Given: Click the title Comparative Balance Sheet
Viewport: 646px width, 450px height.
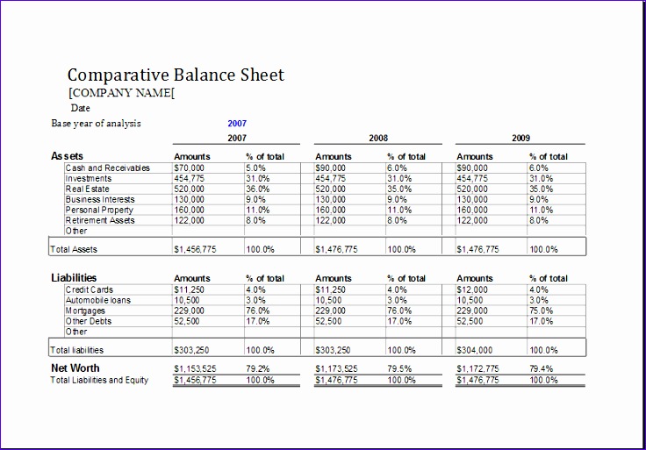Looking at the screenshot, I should tap(176, 75).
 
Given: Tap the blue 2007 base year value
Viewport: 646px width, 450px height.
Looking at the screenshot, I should tap(237, 124).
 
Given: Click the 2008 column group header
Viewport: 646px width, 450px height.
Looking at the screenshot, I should tap(378, 138).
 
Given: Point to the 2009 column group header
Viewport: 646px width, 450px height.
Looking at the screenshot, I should tap(521, 138).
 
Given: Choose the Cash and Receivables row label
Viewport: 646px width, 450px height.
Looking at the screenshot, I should tap(107, 168).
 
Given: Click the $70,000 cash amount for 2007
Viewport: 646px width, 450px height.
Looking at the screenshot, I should tap(190, 168).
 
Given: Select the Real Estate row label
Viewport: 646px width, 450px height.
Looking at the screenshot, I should tap(87, 189).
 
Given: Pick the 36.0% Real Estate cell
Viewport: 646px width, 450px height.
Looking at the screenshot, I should tap(258, 189).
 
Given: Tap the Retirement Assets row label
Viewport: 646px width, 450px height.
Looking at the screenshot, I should tap(100, 220).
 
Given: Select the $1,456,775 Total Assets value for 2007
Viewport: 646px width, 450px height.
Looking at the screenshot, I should tap(196, 249).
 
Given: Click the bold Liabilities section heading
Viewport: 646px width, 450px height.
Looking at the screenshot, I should tap(74, 278).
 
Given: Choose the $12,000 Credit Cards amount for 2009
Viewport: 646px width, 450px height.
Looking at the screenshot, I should tap(475, 289).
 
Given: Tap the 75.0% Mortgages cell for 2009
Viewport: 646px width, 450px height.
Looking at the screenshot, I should tap(541, 311).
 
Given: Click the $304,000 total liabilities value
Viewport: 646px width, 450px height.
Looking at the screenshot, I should tap(477, 350).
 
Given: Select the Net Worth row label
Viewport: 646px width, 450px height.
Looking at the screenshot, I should tap(75, 368).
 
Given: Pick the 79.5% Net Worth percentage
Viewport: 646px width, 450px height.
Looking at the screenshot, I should tap(400, 369).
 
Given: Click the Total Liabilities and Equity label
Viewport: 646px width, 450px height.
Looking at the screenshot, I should tap(99, 380).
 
